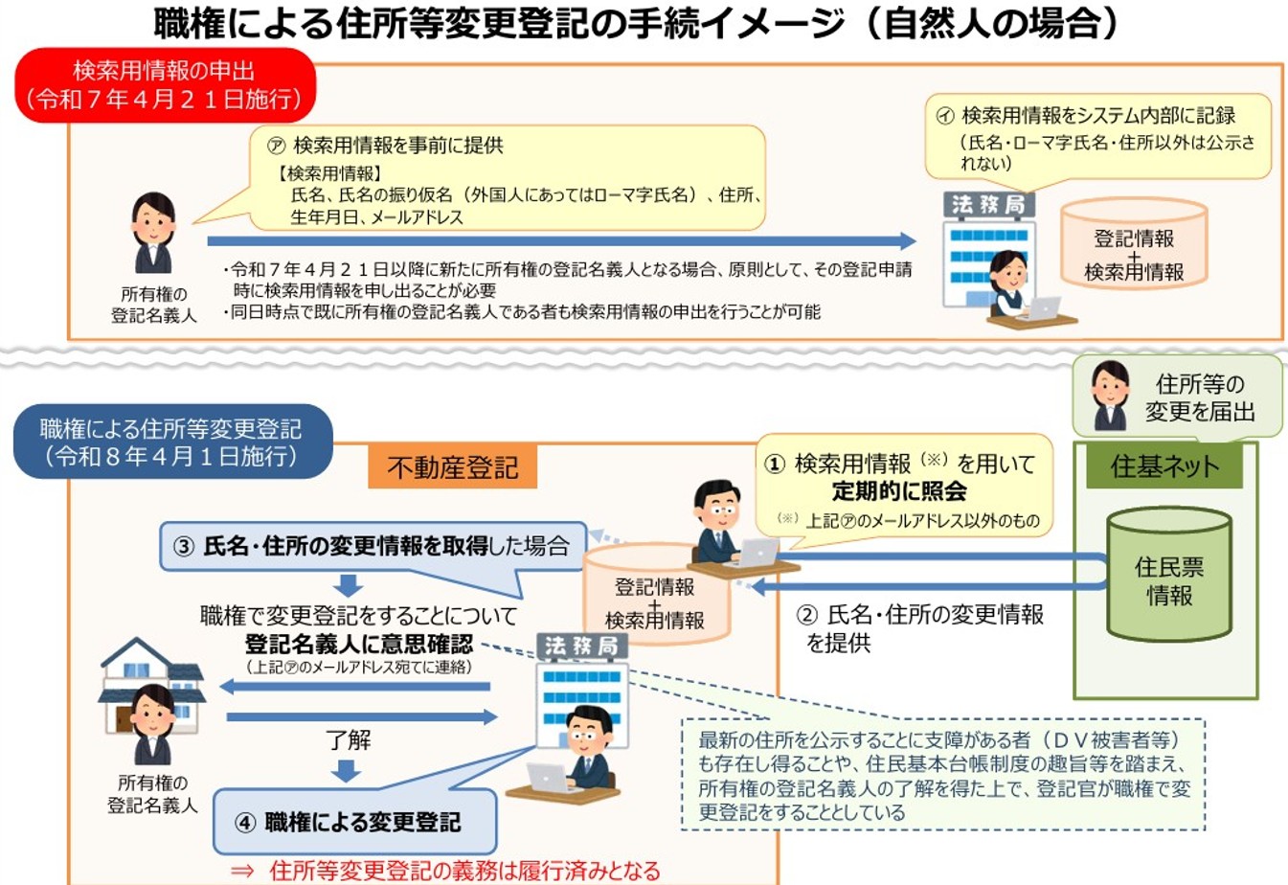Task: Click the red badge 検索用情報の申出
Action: coord(165,85)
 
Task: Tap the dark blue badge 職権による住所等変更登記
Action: coord(173,442)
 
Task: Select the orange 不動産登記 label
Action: coord(453,467)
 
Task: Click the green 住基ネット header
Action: coord(1164,466)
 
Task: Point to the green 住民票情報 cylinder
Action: coord(1169,575)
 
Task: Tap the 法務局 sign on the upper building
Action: coord(989,205)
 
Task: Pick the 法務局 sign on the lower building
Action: coord(581,647)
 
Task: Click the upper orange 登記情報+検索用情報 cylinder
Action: coord(1134,243)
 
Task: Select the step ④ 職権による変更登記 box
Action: coord(354,822)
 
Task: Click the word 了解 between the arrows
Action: coord(348,740)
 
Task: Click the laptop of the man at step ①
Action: coord(757,552)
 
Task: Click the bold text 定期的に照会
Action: coord(899,491)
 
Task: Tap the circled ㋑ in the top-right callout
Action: coord(945,116)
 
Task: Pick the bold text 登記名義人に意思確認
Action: coord(359,644)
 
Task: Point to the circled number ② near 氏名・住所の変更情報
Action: coord(806,615)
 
